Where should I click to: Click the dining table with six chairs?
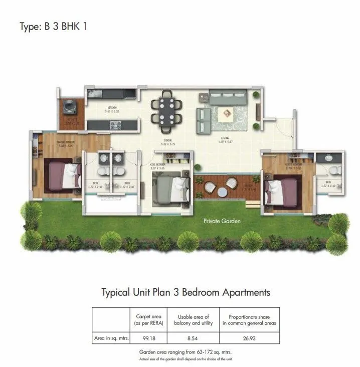pyautogui.click(x=166, y=111)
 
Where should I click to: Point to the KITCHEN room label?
pyautogui.click(x=111, y=108)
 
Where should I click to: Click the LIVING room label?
pyautogui.click(x=224, y=138)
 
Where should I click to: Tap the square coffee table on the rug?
pyautogui.click(x=224, y=114)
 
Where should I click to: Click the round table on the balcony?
pyautogui.click(x=221, y=191)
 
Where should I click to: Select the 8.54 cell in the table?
pyautogui.click(x=193, y=339)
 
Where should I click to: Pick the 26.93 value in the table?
pyautogui.click(x=249, y=339)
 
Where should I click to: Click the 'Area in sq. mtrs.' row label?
pyautogui.click(x=111, y=339)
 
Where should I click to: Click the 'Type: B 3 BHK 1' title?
pyautogui.click(x=53, y=27)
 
